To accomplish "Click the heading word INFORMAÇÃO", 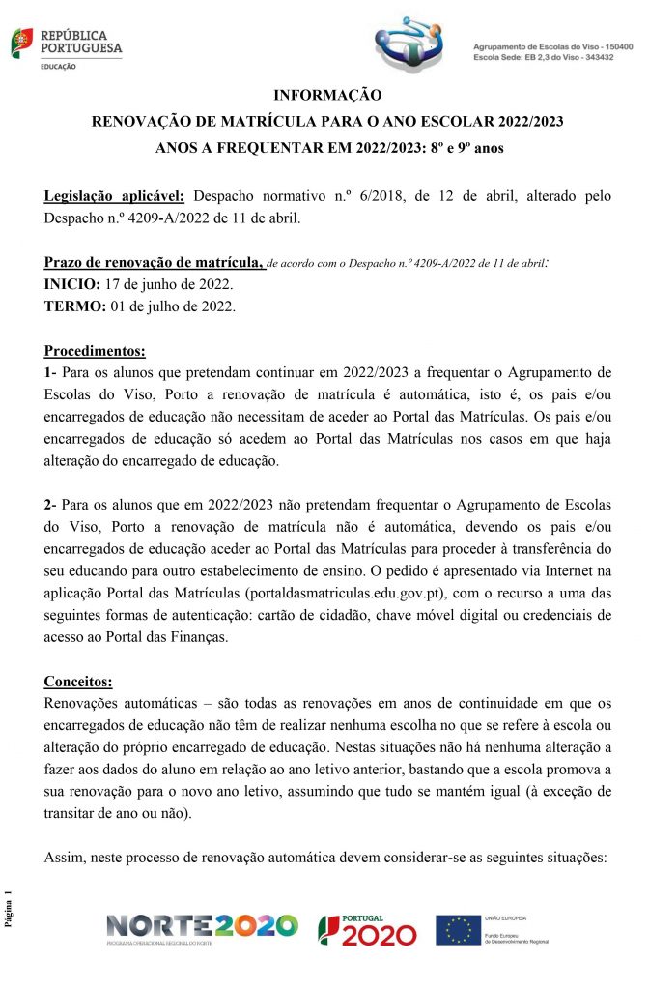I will (x=327, y=96).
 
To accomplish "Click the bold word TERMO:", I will (x=74, y=306).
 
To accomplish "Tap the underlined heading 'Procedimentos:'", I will (x=96, y=350).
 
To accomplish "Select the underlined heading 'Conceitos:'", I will (x=79, y=681).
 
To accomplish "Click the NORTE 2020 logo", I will (x=202, y=929).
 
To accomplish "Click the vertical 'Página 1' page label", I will (x=12, y=910).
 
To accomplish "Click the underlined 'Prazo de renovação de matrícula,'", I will (x=155, y=263).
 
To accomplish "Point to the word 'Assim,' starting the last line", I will (x=67, y=858).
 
